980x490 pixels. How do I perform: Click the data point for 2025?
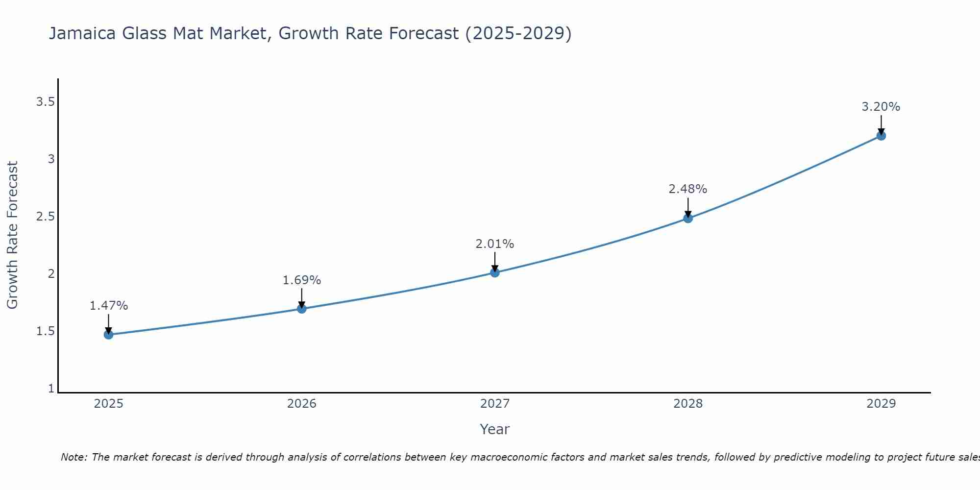click(108, 335)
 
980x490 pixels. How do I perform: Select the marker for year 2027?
click(495, 272)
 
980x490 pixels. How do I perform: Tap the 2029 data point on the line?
click(881, 136)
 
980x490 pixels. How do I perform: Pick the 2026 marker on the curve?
click(302, 309)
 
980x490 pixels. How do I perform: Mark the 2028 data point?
click(688, 218)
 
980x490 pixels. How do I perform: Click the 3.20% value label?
click(881, 107)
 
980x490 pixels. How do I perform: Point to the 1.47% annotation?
click(108, 306)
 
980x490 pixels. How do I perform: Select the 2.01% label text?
click(494, 244)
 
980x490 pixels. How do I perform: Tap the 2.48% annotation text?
click(687, 189)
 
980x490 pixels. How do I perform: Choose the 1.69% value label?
click(301, 280)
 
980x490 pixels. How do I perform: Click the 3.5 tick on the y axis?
click(45, 102)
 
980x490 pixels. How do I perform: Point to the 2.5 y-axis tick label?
click(45, 217)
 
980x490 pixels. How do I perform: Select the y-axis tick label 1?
click(51, 389)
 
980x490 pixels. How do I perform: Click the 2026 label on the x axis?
click(302, 404)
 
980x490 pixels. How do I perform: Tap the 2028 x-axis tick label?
click(688, 404)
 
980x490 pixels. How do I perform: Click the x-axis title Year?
click(494, 429)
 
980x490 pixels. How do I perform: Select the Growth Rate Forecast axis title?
click(12, 235)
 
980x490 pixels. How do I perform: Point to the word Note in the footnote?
click(73, 457)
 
